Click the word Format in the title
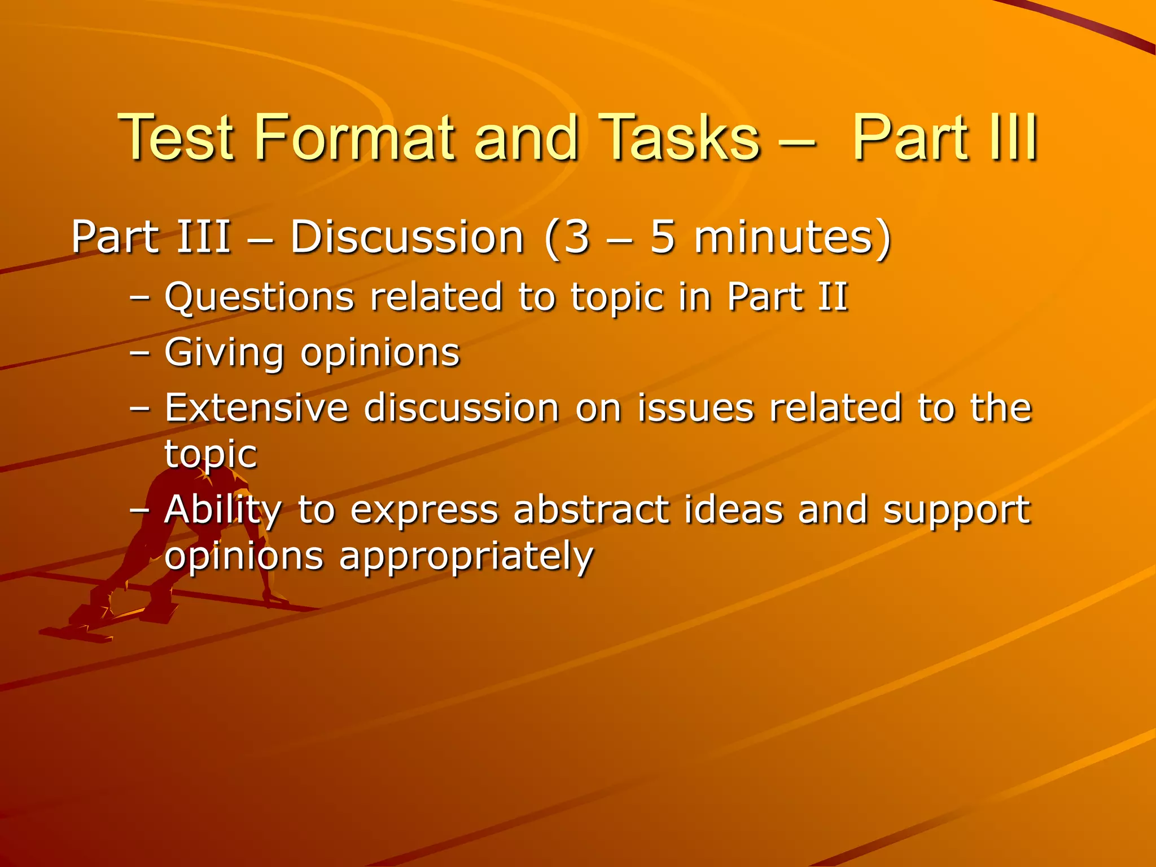(x=354, y=137)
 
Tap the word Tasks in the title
(x=680, y=137)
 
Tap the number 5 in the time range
(x=663, y=237)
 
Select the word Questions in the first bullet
(x=259, y=297)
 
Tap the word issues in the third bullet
(x=695, y=408)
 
